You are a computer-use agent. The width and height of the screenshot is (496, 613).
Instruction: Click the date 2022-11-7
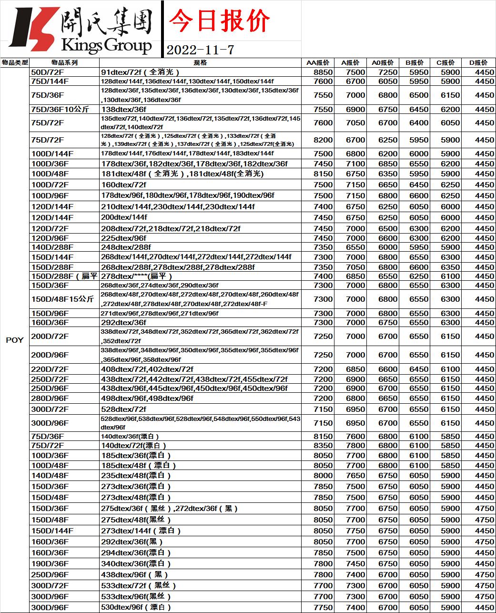(x=200, y=49)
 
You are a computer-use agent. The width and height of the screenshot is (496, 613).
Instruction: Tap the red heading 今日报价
(x=220, y=21)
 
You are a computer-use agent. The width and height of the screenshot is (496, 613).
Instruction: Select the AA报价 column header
(x=318, y=62)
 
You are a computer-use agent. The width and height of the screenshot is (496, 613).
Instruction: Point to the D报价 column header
(x=478, y=62)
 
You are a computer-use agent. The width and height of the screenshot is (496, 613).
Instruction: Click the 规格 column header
(x=200, y=62)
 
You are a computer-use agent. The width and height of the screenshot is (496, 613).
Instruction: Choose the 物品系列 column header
(x=64, y=62)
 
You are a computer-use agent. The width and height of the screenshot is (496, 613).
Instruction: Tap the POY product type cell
(x=14, y=340)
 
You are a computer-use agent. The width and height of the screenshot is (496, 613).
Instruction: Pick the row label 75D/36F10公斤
(x=60, y=109)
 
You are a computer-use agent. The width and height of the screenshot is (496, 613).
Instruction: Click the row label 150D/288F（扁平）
(x=63, y=276)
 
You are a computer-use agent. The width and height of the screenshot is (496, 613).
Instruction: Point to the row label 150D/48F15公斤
(x=62, y=299)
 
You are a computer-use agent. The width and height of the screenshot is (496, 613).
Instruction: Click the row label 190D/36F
(x=50, y=563)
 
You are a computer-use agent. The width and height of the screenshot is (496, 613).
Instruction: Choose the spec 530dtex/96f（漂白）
(x=136, y=607)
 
